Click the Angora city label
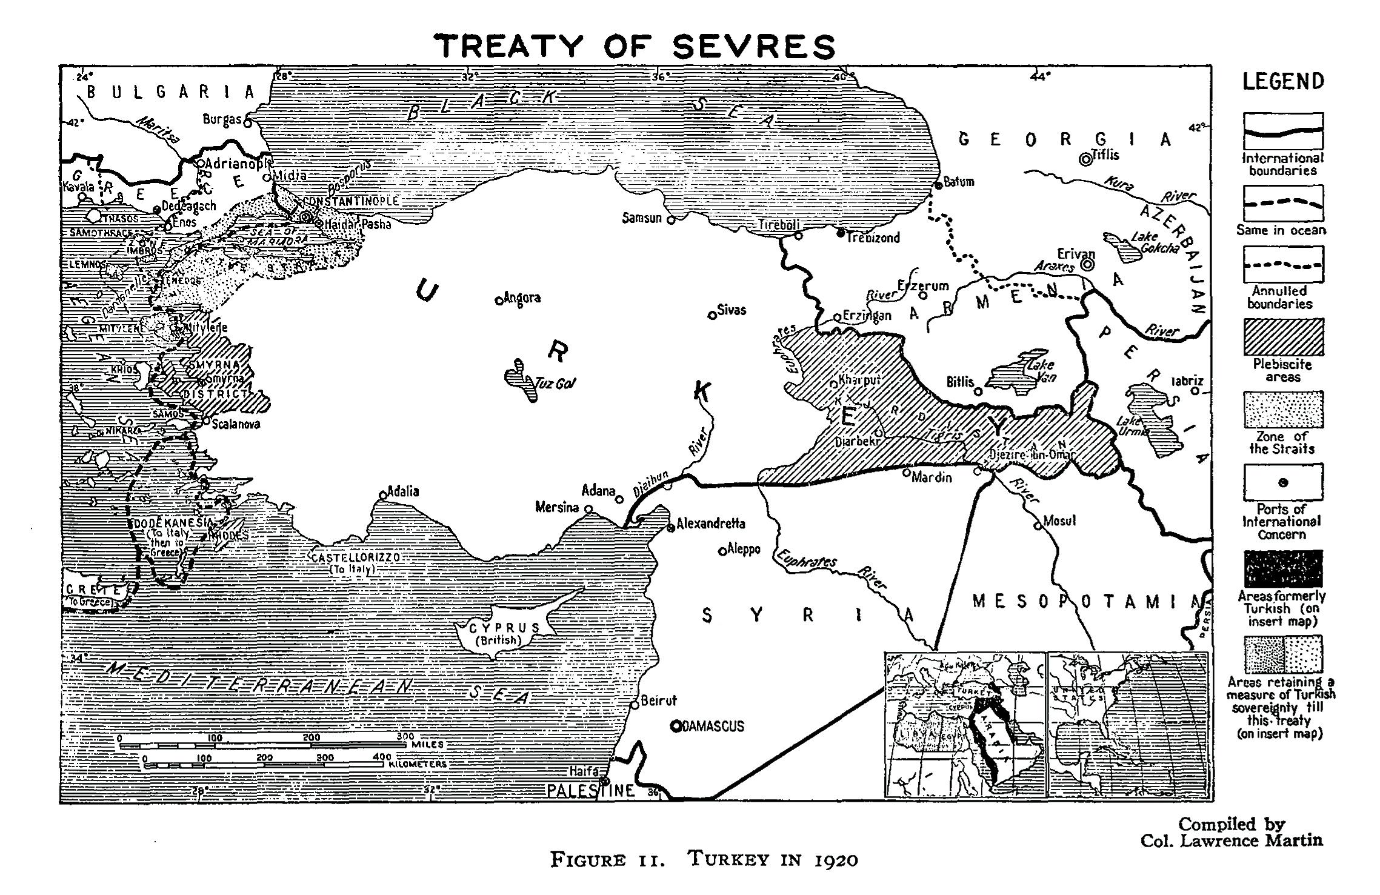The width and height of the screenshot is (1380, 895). (522, 298)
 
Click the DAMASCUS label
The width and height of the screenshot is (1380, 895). (713, 726)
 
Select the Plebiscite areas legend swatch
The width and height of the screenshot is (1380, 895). (1283, 337)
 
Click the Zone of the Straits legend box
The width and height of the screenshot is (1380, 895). (1283, 410)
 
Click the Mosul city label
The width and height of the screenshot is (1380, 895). (1059, 521)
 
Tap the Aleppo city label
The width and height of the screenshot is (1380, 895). (744, 549)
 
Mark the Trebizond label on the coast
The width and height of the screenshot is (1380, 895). (873, 238)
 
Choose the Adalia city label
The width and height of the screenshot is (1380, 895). (403, 491)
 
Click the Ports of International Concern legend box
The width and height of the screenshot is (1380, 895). (1283, 483)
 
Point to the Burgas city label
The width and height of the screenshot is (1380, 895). (222, 119)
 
